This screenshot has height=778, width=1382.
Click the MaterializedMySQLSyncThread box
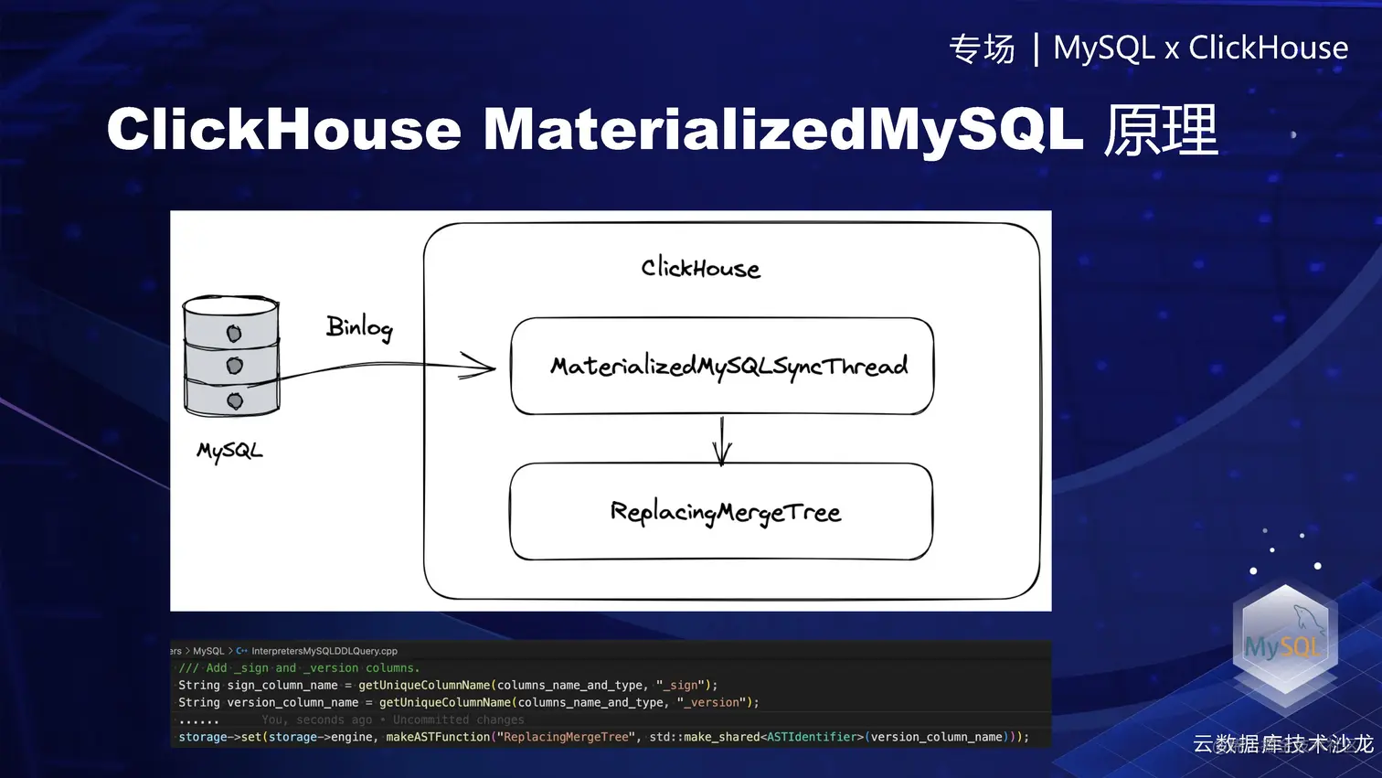(x=722, y=366)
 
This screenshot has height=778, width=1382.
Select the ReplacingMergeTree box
(x=721, y=512)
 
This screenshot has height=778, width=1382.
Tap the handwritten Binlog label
(x=359, y=327)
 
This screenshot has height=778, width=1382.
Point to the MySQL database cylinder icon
(x=231, y=357)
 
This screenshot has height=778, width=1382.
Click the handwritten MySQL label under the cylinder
(x=229, y=451)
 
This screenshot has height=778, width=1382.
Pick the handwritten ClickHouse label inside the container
(x=700, y=268)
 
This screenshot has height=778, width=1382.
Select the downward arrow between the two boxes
(x=722, y=441)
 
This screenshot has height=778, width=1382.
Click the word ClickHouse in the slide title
(x=283, y=129)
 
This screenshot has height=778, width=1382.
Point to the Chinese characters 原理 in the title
(x=1161, y=129)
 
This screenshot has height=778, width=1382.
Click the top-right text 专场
(x=982, y=48)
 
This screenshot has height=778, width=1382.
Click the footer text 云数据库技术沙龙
(x=1282, y=744)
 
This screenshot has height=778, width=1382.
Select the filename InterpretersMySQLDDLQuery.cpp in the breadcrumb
(x=324, y=651)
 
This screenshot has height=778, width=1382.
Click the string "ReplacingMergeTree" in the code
(x=567, y=737)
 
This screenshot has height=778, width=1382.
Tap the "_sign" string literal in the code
(x=683, y=685)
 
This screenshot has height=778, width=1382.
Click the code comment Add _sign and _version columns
(x=300, y=668)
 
